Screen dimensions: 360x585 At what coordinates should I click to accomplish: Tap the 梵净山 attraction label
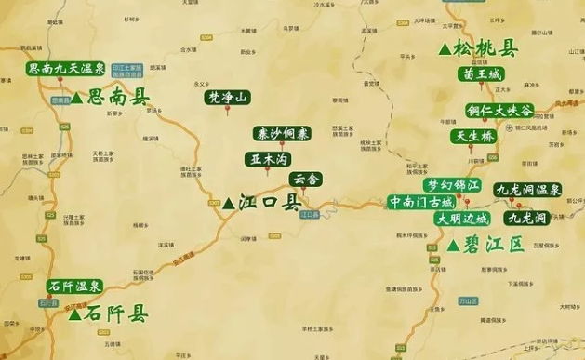pyautogui.click(x=228, y=96)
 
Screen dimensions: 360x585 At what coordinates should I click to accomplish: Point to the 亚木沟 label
pyautogui.click(x=267, y=158)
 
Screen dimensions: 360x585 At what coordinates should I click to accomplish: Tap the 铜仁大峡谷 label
pyautogui.click(x=499, y=111)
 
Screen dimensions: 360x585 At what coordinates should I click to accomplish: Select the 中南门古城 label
pyautogui.click(x=423, y=201)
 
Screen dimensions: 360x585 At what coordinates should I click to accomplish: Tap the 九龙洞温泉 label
pyautogui.click(x=528, y=190)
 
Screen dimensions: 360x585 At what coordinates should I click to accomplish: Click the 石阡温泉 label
pyautogui.click(x=76, y=286)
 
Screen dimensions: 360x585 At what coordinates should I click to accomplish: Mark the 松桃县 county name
pyautogui.click(x=486, y=48)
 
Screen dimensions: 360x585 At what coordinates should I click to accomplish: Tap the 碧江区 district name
pyautogui.click(x=494, y=246)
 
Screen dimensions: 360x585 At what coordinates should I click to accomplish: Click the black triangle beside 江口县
pyautogui.click(x=228, y=203)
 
